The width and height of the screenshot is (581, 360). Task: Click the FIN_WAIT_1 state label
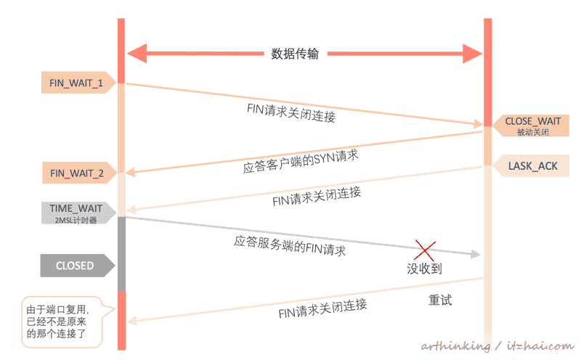coord(78,83)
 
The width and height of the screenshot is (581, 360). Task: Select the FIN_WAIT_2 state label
coord(79,173)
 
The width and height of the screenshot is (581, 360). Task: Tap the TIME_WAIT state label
coord(78,213)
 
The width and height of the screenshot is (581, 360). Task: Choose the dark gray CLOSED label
coord(78,266)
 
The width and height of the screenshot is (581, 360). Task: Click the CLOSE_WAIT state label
coord(531,126)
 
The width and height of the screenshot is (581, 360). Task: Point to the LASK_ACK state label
coord(531,166)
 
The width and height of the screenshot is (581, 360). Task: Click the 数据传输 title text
coord(295,54)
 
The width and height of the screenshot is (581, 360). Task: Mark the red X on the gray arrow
coord(425,250)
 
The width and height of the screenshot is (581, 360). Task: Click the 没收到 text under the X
coord(424,269)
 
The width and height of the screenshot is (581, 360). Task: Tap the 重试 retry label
coord(440,300)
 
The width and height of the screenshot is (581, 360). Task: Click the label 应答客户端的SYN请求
coord(301,161)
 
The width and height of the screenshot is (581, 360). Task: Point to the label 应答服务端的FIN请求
coord(290,246)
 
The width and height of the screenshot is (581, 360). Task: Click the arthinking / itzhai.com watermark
coord(497,346)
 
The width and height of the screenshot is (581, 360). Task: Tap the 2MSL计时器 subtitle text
coord(76,221)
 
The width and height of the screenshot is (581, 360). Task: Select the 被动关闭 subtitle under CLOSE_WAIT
coord(533,132)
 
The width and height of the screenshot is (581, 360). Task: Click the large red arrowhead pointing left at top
coord(137,53)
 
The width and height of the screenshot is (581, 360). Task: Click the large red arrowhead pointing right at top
coord(473,54)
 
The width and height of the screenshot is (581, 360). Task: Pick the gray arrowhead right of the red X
coord(476,254)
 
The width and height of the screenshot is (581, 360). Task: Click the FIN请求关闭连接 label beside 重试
coord(322,308)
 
